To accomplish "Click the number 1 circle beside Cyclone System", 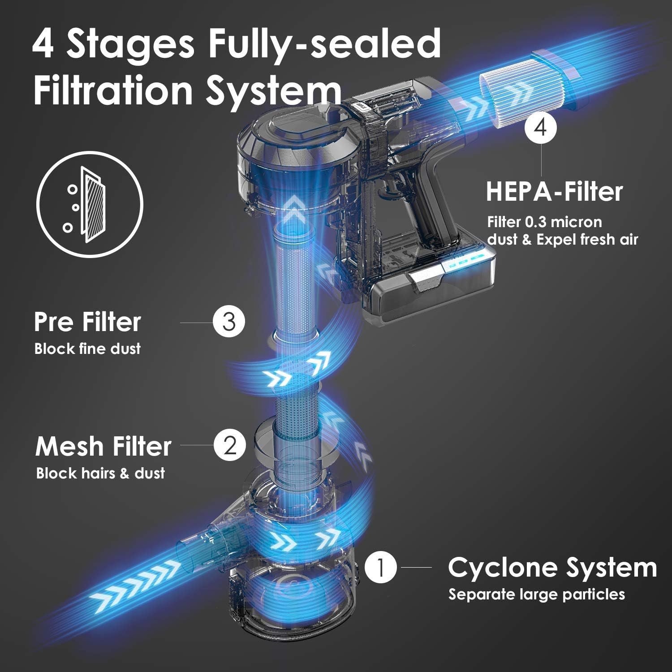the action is (381, 568).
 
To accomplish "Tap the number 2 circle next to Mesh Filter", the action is (230, 446).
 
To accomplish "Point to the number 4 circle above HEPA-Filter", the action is (541, 127).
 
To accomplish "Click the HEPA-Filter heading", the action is (554, 191).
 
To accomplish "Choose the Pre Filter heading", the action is (87, 322).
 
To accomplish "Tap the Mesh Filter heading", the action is (103, 446).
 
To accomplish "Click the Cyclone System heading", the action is (552, 568).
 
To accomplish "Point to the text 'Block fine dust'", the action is (87, 349).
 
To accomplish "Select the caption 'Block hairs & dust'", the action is (100, 473).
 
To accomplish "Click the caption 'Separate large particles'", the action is (537, 594).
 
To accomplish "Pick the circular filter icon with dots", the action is (90, 198).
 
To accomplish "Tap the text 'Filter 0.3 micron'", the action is (544, 222).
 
